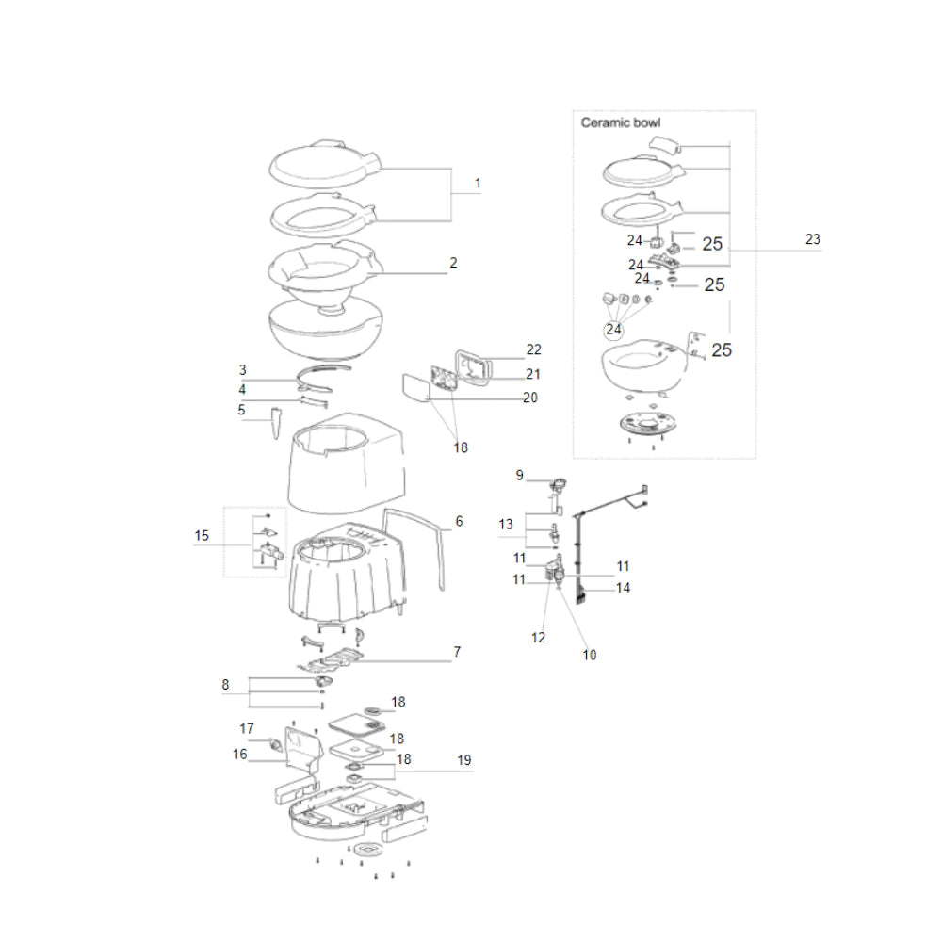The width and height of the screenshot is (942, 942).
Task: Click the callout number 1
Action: click(x=478, y=183)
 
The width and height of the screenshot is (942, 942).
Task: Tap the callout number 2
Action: click(x=453, y=263)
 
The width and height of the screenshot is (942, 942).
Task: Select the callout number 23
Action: click(x=812, y=240)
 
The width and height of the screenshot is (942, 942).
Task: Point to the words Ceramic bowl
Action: click(x=620, y=122)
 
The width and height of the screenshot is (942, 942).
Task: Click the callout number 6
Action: click(x=459, y=520)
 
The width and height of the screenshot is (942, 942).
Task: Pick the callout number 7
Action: click(x=456, y=652)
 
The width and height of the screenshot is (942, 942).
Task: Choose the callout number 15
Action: click(x=203, y=536)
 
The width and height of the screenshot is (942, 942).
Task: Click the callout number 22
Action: click(x=534, y=349)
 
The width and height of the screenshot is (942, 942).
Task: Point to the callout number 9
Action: click(x=519, y=476)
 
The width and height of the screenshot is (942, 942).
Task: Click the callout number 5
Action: click(x=241, y=410)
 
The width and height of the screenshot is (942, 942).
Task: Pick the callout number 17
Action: click(x=247, y=728)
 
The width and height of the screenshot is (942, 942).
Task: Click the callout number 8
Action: click(x=225, y=686)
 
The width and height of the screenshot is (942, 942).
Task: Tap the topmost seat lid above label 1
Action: click(x=325, y=164)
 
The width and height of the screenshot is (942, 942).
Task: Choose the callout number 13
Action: click(x=507, y=524)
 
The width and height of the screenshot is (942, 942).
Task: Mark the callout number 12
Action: click(x=538, y=638)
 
